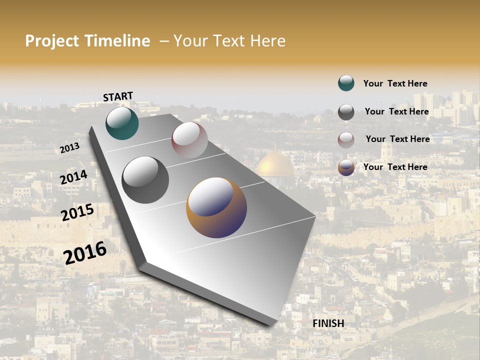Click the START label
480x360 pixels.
118,96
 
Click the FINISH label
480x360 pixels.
328,323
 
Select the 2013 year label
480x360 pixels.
69,148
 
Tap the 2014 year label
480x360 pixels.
73,177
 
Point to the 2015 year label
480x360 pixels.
77,212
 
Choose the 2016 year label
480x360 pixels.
85,252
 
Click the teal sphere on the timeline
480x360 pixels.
122,123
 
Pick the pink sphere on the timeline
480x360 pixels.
189,139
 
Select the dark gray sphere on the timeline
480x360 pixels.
145,180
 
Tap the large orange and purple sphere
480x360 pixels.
216,207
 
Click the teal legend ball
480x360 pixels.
346,83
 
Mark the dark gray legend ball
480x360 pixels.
346,112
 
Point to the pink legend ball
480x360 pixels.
346,140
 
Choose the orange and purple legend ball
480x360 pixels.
346,167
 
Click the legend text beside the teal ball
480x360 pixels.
395,83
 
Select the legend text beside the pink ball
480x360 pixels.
397,139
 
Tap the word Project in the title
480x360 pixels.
52,41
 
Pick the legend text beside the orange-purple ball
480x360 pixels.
395,167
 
